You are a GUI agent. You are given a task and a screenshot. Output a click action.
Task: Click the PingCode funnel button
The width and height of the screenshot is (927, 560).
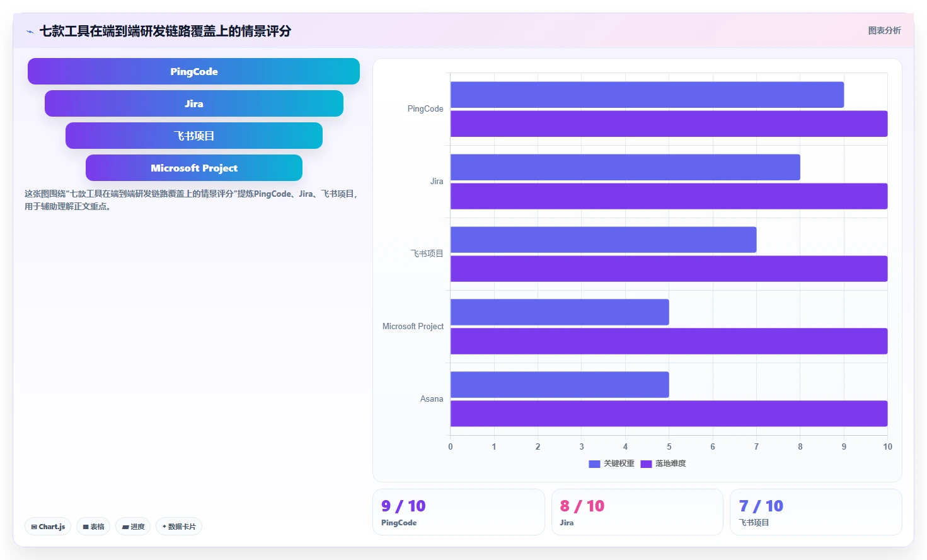point(193,71)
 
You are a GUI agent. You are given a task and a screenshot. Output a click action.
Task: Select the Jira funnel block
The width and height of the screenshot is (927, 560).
point(193,103)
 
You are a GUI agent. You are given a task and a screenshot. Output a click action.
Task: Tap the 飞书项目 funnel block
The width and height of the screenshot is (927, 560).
point(193,136)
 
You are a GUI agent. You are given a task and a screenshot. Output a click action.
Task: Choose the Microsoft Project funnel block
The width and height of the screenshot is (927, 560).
point(193,168)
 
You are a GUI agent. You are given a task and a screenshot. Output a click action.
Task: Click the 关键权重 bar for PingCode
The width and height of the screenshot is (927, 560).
point(647,95)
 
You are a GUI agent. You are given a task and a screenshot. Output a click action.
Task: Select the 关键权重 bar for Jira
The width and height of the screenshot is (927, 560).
point(625,167)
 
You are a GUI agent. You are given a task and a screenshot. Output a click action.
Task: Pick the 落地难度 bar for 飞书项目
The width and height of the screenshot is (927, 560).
point(669,269)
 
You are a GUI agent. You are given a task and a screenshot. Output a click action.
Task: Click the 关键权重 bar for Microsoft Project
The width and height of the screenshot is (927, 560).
point(560,312)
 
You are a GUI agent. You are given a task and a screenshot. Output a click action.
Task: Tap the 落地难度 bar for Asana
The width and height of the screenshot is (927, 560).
point(669,413)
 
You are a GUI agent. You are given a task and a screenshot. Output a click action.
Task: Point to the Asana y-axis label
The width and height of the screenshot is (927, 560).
point(432,399)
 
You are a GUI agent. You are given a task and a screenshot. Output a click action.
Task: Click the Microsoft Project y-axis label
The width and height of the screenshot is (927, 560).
point(413,327)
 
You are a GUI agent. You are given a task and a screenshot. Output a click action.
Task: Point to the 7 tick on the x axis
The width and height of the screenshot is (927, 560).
point(756,446)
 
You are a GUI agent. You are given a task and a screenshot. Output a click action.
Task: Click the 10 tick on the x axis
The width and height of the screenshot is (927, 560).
point(887,446)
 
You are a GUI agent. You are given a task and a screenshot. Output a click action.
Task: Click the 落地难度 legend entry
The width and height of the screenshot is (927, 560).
point(663,464)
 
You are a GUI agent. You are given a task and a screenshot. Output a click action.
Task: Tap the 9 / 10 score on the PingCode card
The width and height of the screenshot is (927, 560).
point(403,506)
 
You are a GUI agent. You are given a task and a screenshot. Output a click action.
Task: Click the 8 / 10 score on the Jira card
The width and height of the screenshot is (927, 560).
point(582,506)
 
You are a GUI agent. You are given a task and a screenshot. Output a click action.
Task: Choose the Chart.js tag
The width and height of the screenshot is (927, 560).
point(48,527)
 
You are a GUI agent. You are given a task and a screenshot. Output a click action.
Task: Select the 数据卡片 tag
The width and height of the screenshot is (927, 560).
point(179,527)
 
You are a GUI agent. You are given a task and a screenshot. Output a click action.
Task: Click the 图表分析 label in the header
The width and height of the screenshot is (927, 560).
point(884,31)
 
